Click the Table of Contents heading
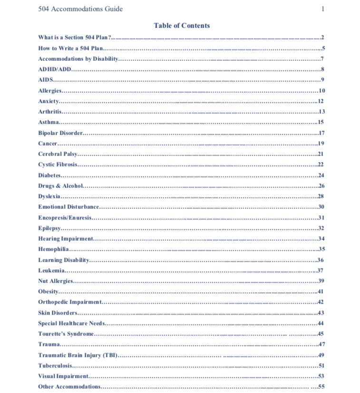181,26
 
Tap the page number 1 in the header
322,9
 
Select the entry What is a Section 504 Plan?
75,38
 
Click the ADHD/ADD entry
55,69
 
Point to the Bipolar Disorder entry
60,133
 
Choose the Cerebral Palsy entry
58,154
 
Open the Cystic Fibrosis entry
58,165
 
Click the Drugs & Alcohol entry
60,186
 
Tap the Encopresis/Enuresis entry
65,217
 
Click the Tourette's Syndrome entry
66,334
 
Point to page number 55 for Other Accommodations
321,386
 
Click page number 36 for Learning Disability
321,260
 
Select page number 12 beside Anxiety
321,101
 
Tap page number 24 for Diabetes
321,175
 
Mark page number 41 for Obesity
321,292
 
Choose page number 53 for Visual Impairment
321,376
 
